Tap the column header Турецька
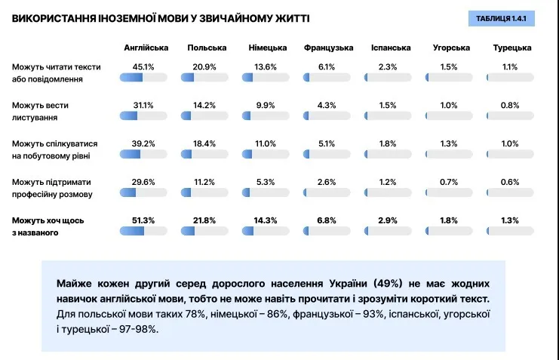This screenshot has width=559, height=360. click(512, 48)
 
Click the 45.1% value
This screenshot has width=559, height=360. click(143, 66)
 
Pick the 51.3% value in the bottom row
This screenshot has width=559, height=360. click(143, 220)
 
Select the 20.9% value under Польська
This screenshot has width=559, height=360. click(204, 66)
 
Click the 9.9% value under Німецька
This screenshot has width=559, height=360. click(266, 105)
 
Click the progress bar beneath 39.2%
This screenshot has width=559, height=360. click(143, 154)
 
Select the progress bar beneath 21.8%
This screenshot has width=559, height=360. click(204, 231)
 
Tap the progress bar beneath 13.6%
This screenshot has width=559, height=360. click(266, 77)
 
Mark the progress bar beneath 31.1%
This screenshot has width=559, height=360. click(143, 115)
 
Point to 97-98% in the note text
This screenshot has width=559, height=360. click(137, 330)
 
